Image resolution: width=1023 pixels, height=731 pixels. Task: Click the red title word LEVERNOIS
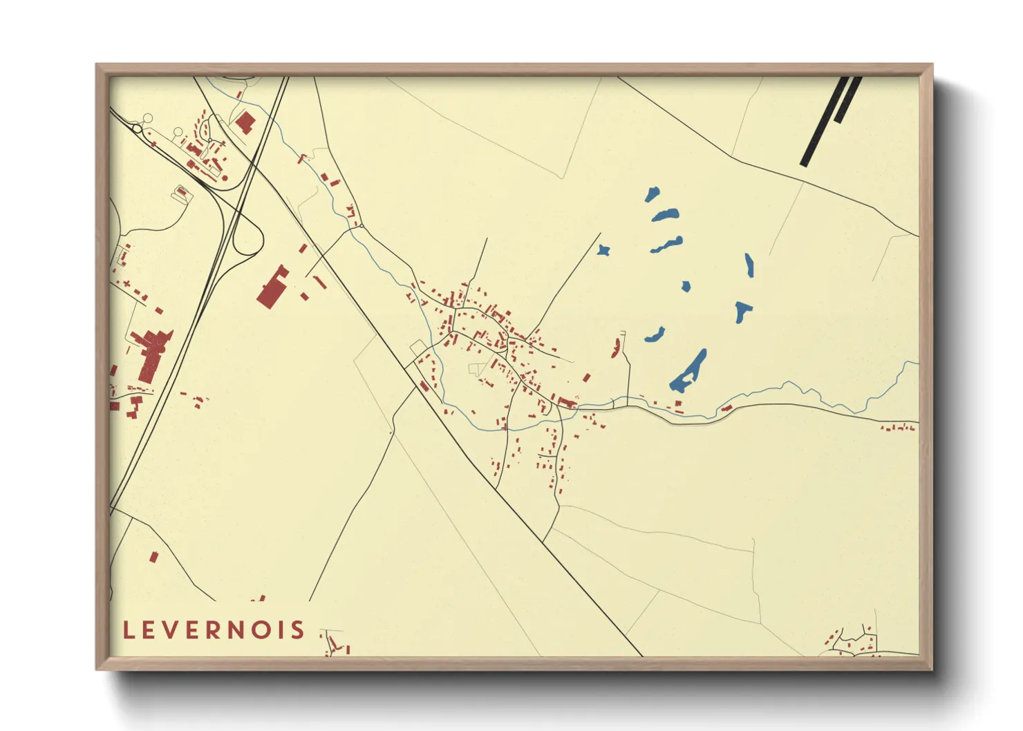(x=214, y=630)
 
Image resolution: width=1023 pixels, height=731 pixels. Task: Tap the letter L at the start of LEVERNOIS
(x=128, y=630)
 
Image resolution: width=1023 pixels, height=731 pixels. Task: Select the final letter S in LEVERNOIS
(x=298, y=630)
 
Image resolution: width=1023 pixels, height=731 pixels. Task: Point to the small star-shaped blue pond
(x=604, y=250)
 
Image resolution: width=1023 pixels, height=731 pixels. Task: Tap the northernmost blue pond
(x=652, y=195)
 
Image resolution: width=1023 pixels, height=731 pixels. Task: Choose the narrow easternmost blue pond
(x=749, y=265)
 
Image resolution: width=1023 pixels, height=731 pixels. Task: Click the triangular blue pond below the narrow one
(x=742, y=311)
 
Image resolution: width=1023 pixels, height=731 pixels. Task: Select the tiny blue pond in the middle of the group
(x=686, y=286)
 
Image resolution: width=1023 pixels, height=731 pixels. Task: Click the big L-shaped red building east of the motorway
(x=273, y=287)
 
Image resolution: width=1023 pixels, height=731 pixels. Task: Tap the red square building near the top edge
(x=245, y=123)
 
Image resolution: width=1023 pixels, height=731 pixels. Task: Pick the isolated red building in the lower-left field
(x=154, y=556)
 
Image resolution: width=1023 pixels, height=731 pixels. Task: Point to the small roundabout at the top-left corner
(x=138, y=129)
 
